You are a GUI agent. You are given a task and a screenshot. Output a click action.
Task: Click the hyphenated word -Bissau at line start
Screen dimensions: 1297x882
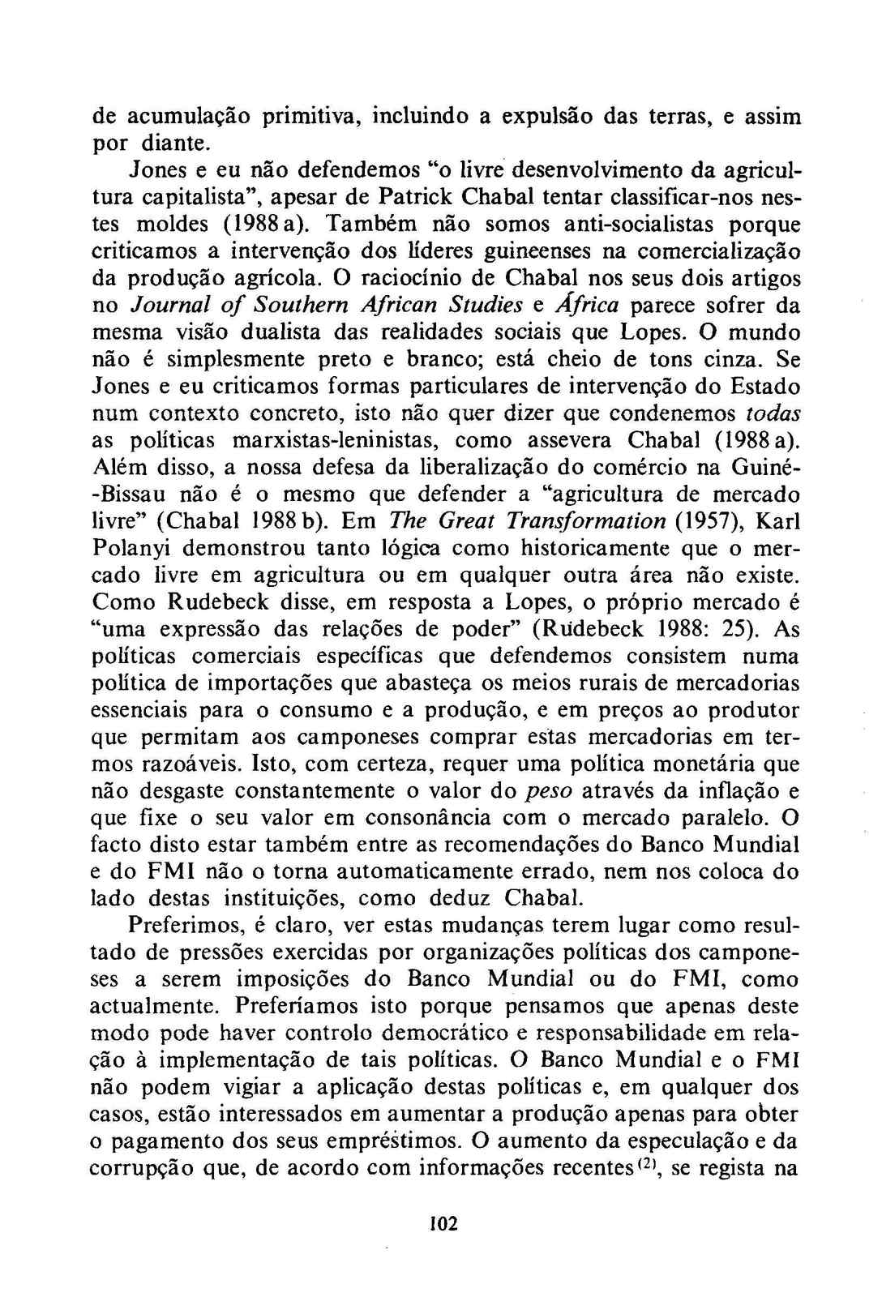[134, 494]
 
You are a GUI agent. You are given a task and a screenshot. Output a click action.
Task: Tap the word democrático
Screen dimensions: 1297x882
[452, 1034]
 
